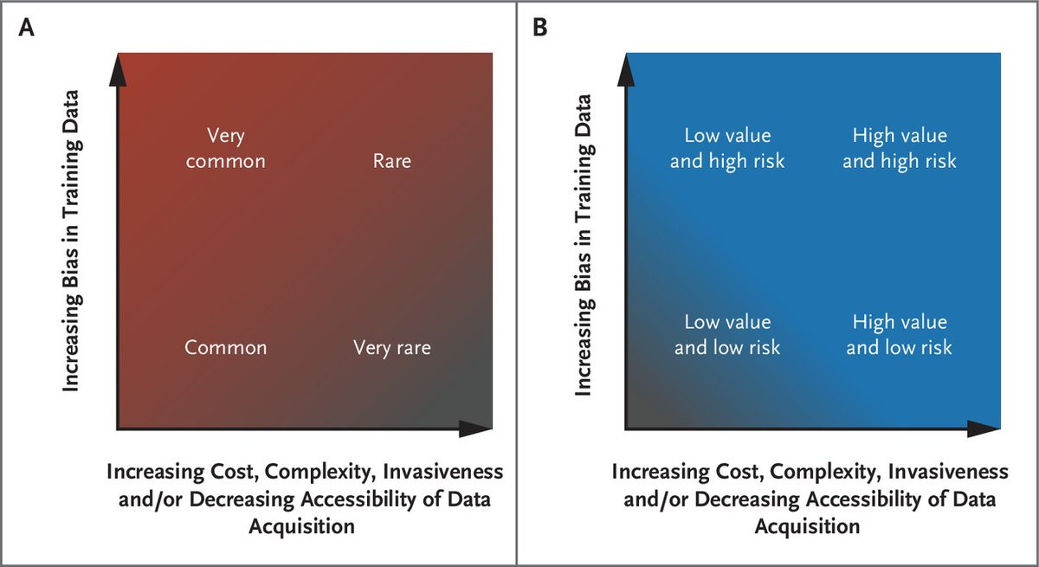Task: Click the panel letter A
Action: (29, 28)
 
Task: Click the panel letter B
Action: (540, 28)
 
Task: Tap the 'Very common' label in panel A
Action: (227, 148)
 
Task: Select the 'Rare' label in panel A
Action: (391, 161)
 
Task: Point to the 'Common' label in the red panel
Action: (226, 348)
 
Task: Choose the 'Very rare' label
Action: (391, 348)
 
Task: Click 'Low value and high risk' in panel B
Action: (727, 148)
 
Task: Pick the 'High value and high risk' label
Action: (900, 148)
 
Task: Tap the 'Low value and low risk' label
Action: (727, 334)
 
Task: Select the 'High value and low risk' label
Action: (900, 334)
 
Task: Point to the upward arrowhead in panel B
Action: (623, 69)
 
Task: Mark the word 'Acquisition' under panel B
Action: (807, 526)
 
